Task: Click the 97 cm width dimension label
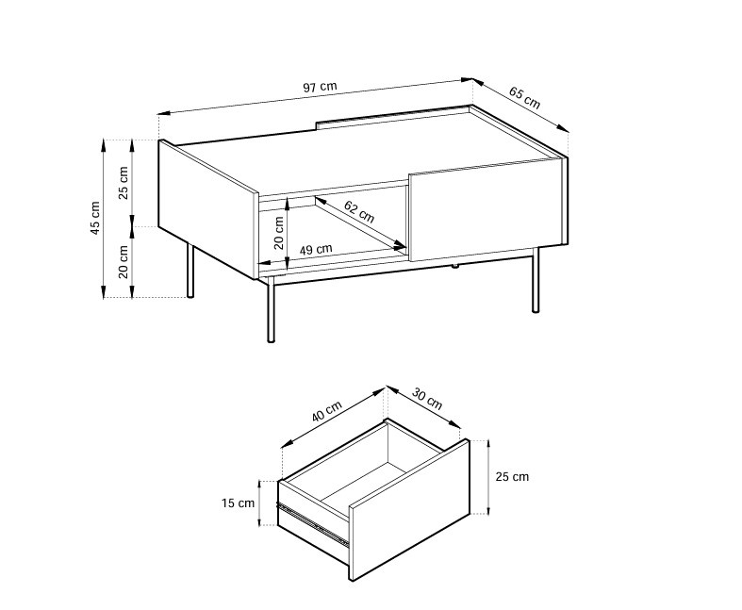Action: pyautogui.click(x=320, y=87)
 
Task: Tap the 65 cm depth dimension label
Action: pyautogui.click(x=524, y=97)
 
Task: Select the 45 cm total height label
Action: pyautogui.click(x=95, y=218)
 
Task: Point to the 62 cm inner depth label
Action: pyautogui.click(x=359, y=211)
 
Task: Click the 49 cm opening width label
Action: pyautogui.click(x=316, y=249)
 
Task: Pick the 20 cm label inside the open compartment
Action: pyautogui.click(x=279, y=233)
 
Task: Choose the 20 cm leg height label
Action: pyautogui.click(x=123, y=262)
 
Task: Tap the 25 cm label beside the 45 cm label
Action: pyautogui.click(x=123, y=183)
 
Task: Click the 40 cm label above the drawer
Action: pyautogui.click(x=326, y=412)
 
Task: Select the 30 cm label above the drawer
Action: pyautogui.click(x=427, y=399)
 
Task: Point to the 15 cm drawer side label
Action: pyautogui.click(x=238, y=503)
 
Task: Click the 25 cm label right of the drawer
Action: pyautogui.click(x=512, y=476)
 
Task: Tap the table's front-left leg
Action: pyautogui.click(x=272, y=309)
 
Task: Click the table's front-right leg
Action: pyautogui.click(x=536, y=280)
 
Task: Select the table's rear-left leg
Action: pyautogui.click(x=190, y=271)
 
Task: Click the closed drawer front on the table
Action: pyautogui.click(x=486, y=210)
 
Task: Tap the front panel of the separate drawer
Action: pyautogui.click(x=409, y=510)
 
